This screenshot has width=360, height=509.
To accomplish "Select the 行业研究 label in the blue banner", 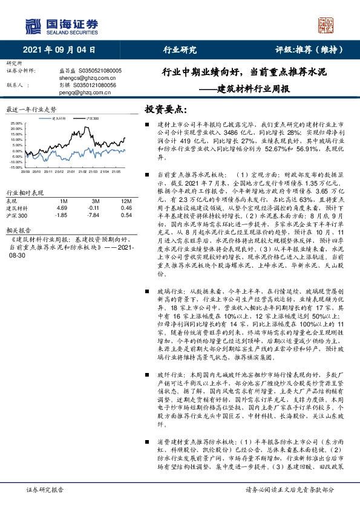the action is pyautogui.click(x=180, y=51).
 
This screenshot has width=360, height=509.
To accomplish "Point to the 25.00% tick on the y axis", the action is pyautogui.click(x=16, y=124).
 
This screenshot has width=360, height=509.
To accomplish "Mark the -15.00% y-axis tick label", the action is pyautogui.click(x=16, y=167).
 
